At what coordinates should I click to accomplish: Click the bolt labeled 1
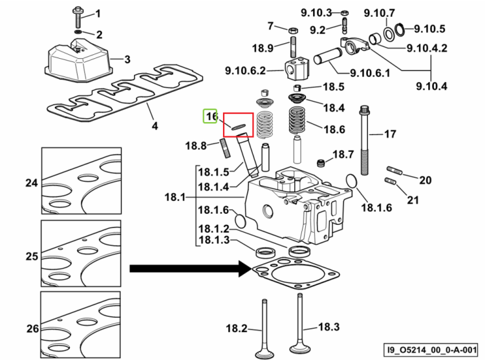click(x=77, y=17)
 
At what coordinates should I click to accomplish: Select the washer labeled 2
click(x=78, y=32)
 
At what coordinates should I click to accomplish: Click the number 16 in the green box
click(x=211, y=116)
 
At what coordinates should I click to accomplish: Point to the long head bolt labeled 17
click(x=364, y=141)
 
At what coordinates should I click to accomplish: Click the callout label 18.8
click(x=195, y=145)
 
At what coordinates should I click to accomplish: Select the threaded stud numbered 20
click(x=394, y=171)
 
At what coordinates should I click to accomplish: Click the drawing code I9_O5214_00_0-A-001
click(x=431, y=350)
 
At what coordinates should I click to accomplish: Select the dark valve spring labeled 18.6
click(x=297, y=120)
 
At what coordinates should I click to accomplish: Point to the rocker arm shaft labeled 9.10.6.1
click(x=328, y=56)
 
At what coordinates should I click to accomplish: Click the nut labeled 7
click(x=293, y=30)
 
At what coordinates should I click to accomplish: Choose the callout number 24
click(x=32, y=183)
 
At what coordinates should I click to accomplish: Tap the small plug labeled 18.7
click(x=321, y=163)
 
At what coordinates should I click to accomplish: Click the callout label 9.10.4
click(x=431, y=86)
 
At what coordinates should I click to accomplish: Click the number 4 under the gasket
click(x=155, y=126)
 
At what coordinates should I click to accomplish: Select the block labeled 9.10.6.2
click(x=297, y=69)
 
